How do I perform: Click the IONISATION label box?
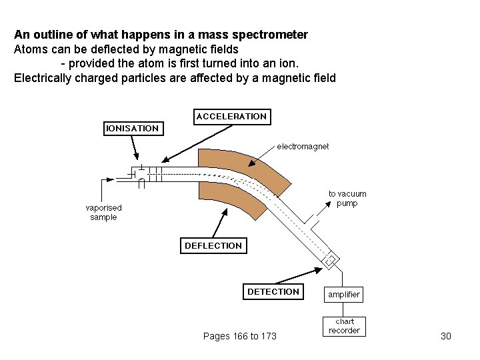pyautogui.click(x=132, y=128)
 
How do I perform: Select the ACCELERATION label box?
pyautogui.click(x=231, y=117)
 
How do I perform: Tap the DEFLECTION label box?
pyautogui.click(x=213, y=246)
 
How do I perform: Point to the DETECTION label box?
pyautogui.click(x=273, y=292)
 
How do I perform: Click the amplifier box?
pyautogui.click(x=344, y=294)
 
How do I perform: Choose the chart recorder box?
pyautogui.click(x=344, y=326)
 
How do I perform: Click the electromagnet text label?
pyautogui.click(x=303, y=146)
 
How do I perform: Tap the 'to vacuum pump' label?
pyautogui.click(x=347, y=199)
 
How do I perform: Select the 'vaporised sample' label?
pyautogui.click(x=103, y=213)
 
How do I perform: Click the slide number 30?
pyautogui.click(x=446, y=336)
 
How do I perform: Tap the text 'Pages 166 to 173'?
pyautogui.click(x=239, y=336)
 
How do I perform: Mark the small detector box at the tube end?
pyautogui.click(x=330, y=260)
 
